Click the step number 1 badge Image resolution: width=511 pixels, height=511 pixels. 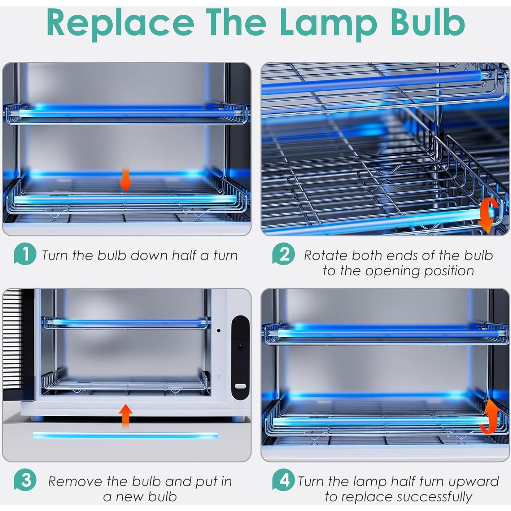[x=25, y=254]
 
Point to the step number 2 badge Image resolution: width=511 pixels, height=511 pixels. [x=284, y=254]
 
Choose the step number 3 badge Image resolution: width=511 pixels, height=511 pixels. [x=25, y=480]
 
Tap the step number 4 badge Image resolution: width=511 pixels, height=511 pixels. [x=284, y=480]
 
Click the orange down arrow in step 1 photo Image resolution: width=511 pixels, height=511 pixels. [x=126, y=179]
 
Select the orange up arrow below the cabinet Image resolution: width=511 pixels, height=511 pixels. [x=126, y=415]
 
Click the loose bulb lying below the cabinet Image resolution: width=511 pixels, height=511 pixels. [x=125, y=435]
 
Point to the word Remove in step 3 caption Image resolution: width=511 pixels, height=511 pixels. [x=75, y=481]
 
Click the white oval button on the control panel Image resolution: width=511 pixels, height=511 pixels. [x=240, y=386]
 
